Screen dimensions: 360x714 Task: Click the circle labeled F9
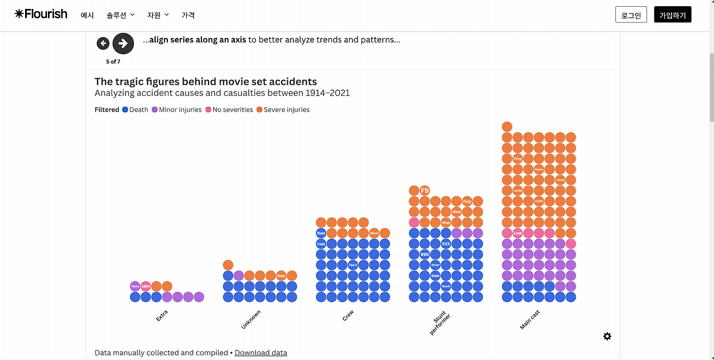[424, 190]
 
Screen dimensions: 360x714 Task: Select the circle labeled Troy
[518, 159]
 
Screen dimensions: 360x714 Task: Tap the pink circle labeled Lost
[518, 233]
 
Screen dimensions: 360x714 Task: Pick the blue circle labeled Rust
[321, 233]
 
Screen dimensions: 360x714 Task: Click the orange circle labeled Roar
[281, 276]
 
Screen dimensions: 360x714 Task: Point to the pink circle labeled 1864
[146, 286]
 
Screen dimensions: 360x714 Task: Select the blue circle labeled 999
[424, 255]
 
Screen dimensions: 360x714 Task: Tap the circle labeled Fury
[467, 201]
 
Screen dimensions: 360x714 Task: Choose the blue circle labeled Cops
[321, 244]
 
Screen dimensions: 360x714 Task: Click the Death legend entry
[135, 110]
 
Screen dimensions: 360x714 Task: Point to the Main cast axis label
[530, 320]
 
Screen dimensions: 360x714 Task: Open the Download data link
[260, 353]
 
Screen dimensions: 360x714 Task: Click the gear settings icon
[607, 336]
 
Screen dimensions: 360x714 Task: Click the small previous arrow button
[103, 44]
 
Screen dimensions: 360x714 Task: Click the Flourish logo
[41, 14]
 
